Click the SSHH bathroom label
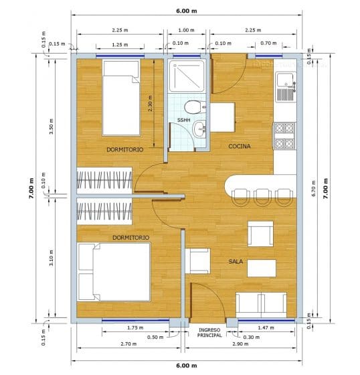[183, 120]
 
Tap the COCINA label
[239, 146]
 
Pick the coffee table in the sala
[261, 268]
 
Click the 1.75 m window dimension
[136, 327]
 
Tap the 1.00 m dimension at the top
[186, 29]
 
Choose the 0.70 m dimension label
[267, 43]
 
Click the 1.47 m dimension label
[266, 327]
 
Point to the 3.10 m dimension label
[52, 256]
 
